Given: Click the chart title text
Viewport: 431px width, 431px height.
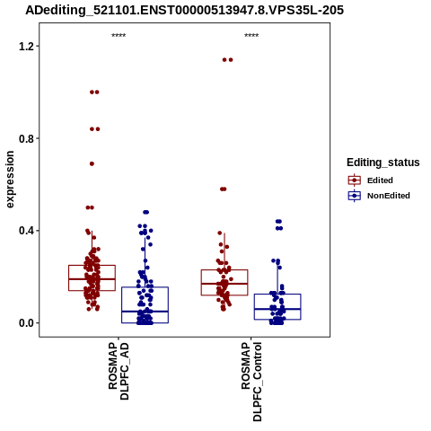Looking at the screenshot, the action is [184, 11].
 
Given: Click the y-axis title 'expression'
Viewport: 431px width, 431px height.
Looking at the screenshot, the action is [10, 180].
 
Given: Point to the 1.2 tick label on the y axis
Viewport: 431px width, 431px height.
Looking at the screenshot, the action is [25, 46].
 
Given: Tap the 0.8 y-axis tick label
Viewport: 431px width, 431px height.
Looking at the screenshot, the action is [25, 138].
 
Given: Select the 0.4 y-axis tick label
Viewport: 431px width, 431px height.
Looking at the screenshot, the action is [25, 231].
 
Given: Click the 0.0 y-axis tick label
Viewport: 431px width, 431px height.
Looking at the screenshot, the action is [25, 323].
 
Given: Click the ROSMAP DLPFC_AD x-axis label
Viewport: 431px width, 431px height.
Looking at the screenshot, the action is [119, 372].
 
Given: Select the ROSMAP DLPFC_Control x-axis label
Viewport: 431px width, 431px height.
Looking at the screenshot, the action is [251, 382].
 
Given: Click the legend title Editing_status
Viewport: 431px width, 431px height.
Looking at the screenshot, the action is [383, 163].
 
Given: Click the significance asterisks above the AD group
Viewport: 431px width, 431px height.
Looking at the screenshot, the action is [119, 36].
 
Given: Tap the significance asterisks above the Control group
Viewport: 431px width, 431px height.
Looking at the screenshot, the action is [251, 36].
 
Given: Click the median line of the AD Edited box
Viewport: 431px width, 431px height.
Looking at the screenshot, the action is [92, 279].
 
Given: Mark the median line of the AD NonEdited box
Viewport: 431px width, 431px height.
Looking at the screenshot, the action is [145, 312].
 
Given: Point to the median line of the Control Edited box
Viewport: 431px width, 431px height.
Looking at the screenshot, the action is [224, 284].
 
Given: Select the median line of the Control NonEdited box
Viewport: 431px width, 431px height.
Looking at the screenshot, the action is [277, 309].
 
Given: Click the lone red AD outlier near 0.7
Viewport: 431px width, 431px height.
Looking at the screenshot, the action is [92, 163].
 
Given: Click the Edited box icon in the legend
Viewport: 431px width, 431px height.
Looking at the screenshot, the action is [355, 180].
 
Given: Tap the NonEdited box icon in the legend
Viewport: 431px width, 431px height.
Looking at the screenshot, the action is [355, 196].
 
